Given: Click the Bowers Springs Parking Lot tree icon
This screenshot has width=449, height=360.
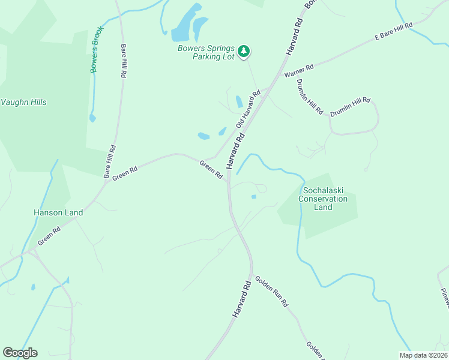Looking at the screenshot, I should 243,52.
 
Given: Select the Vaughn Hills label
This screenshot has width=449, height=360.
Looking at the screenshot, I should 23,102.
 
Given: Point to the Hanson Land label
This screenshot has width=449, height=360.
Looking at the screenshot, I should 58,212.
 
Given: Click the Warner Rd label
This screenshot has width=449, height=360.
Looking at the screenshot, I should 299,71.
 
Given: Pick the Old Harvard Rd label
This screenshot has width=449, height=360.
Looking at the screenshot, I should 249,109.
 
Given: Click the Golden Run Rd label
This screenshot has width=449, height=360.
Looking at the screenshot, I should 271,292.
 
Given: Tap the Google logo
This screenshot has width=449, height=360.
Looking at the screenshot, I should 20,353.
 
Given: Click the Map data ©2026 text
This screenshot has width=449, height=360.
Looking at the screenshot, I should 424,355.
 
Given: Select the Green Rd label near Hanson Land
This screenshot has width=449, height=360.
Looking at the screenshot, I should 49,235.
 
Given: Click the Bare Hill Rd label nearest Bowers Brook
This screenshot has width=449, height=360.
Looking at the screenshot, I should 124,62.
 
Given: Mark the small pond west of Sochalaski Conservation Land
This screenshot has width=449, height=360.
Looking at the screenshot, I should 254,196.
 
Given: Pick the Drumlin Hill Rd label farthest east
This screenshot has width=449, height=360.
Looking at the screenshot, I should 351,107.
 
